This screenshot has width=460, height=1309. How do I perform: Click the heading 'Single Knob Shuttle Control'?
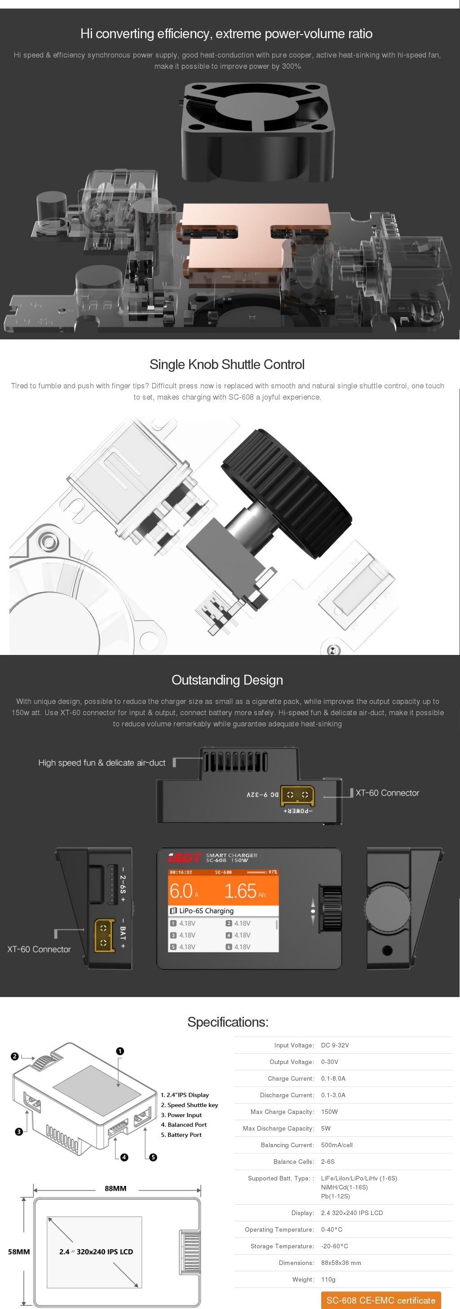point(227,365)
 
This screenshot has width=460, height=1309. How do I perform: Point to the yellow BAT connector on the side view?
point(104,935)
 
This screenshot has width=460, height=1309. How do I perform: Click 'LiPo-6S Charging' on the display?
point(206,911)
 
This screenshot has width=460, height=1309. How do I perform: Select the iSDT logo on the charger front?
point(184,858)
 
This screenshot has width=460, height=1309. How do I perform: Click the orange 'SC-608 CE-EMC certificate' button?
point(381,1300)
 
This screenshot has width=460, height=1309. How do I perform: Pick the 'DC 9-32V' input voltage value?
point(335,1045)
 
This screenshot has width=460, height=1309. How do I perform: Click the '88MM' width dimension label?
point(115,1189)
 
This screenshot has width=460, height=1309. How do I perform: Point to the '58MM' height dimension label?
point(19,1251)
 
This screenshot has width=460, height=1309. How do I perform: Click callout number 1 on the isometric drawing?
point(120,1051)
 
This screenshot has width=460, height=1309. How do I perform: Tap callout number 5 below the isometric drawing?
point(153,1158)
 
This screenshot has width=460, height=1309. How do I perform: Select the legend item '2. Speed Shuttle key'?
point(190,1105)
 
